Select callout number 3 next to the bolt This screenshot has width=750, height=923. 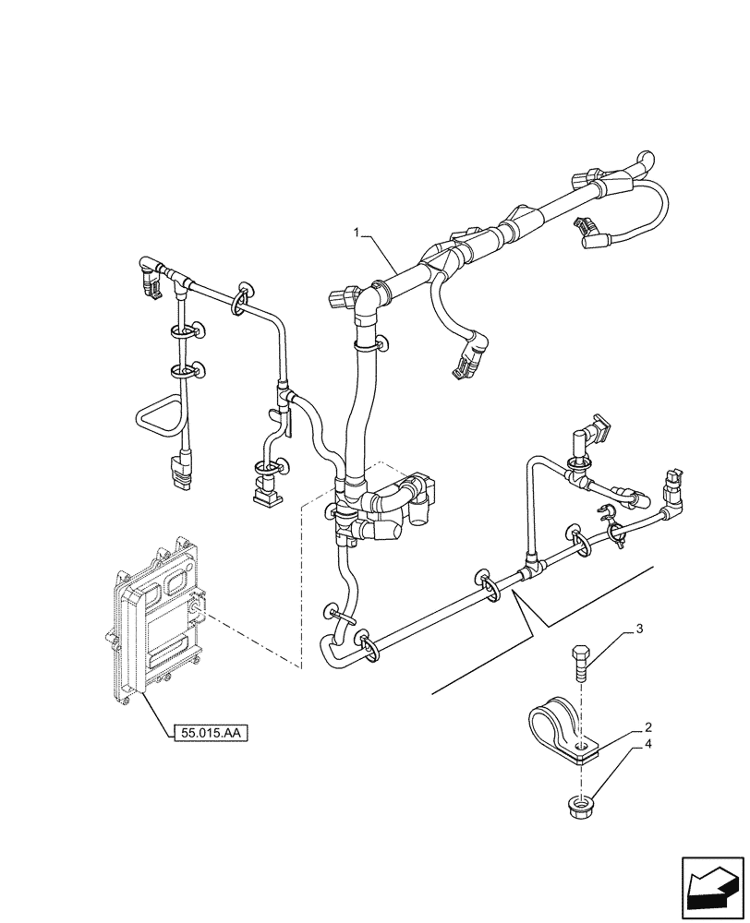tap(636, 631)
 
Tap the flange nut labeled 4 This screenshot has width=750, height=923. tap(578, 806)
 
